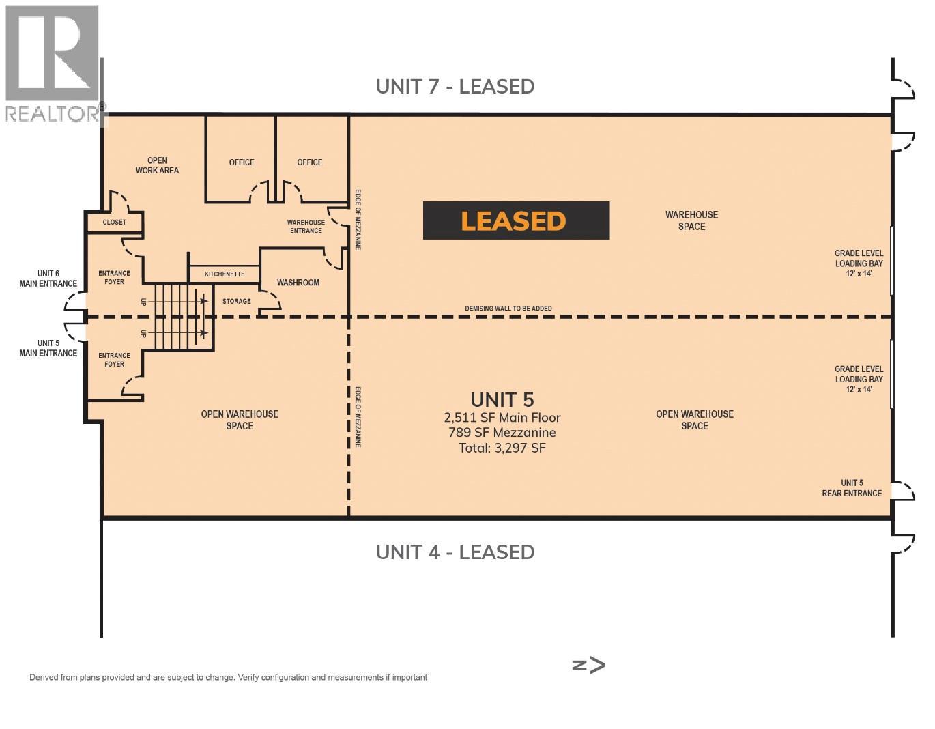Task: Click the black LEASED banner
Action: (x=515, y=220)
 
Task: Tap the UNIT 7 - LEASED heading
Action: (x=455, y=87)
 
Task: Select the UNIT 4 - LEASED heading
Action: (x=455, y=552)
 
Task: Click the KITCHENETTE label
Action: (x=224, y=274)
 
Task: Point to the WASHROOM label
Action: (x=298, y=283)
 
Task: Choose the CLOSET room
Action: (x=115, y=223)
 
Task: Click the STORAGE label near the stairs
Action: (x=236, y=301)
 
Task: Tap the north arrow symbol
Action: (x=588, y=666)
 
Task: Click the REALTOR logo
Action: (x=53, y=65)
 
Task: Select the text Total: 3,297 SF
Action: (x=502, y=448)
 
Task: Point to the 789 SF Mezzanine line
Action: (x=502, y=433)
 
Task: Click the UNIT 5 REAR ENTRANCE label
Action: (x=851, y=488)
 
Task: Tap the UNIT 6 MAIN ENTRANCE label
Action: (x=48, y=278)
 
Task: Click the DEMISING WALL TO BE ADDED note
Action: (x=508, y=309)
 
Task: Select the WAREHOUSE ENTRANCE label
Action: (x=306, y=227)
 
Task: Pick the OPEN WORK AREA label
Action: (x=157, y=166)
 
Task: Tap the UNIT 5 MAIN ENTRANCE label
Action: (x=48, y=348)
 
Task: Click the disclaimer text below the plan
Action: (x=228, y=678)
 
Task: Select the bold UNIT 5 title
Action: (x=502, y=400)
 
